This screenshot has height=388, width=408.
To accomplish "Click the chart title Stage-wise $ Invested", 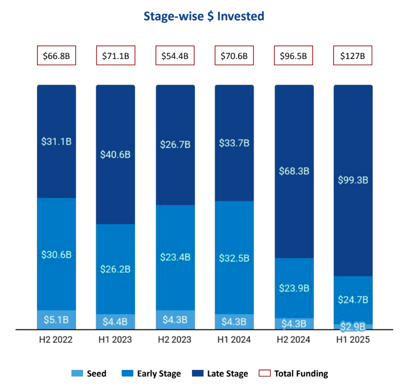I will coord(204,16).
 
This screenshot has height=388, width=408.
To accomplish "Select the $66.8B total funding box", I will coord(57,56).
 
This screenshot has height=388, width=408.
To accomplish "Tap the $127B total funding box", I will coord(353,56).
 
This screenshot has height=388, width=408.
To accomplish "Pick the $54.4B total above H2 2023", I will coord(175,56).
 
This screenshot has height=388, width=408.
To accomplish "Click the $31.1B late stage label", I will coord(57,141).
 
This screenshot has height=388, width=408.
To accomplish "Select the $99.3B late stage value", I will coord(353,180).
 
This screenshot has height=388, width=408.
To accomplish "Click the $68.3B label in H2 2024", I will coord(294,171).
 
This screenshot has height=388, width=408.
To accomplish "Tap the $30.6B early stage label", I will coord(57,254).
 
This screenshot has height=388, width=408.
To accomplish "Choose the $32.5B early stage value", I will coord(234,257).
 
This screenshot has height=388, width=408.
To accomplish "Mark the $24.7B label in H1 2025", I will coord(353,300).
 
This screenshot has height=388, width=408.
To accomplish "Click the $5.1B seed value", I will coord(57,320).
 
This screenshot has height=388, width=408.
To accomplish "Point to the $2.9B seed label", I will coord(353,326).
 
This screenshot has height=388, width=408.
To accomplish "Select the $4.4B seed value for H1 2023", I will coord(115,322).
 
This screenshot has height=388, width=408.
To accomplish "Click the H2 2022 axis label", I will coord(57,340).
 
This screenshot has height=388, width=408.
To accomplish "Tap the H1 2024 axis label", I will coord(234,340).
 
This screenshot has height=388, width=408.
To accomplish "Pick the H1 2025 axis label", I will coord(353,340).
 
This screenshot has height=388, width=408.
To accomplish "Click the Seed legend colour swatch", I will coord(77,373).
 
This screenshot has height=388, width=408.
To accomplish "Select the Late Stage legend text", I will coord(227,373).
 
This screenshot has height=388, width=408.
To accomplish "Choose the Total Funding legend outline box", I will coord(264,373).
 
